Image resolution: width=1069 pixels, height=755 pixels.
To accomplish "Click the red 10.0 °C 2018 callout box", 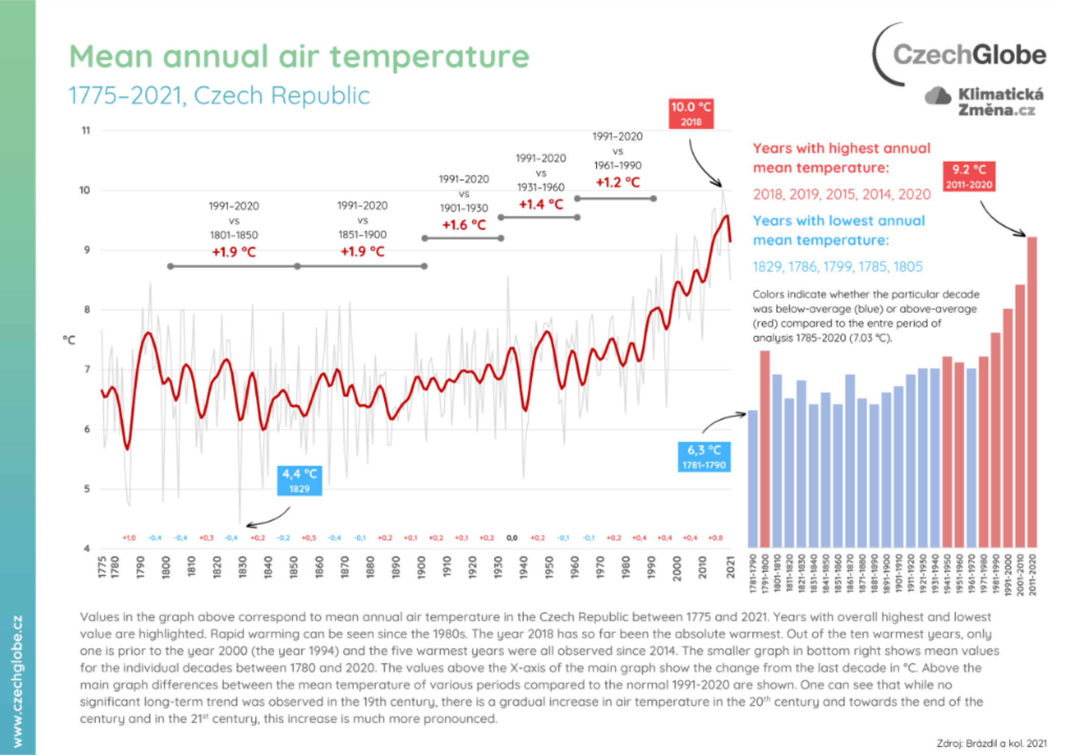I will coord(691,114).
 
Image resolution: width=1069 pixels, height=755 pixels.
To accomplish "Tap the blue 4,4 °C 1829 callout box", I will coord(300,480).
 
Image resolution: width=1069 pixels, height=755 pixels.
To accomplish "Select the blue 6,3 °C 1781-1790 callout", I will coord(704,457).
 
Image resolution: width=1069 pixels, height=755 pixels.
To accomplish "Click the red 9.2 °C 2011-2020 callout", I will coord(969,176).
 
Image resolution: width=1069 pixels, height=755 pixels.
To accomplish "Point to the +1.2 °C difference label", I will coord(617,182).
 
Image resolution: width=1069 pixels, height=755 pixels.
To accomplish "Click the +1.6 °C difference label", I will coord(463,225).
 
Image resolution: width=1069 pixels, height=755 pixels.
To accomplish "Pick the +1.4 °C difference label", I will coord(541,204).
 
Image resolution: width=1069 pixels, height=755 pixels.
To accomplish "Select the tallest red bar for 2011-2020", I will coord(1032,392).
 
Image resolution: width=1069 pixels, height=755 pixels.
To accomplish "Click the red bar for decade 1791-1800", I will coord(765,449).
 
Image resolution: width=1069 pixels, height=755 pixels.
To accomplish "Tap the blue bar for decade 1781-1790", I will coord(753,478).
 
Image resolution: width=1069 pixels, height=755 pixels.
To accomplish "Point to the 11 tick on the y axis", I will coord(86,131).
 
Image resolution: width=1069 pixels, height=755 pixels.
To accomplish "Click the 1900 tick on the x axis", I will coord(421,568).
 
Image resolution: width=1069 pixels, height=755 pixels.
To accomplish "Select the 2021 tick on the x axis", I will coord(731,568).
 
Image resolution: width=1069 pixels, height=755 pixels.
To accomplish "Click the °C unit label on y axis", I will coord(69,340).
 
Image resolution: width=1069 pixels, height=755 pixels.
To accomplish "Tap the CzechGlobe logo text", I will coord(969,55).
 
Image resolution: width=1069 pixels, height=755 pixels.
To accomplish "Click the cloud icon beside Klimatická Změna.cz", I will coord(938,96).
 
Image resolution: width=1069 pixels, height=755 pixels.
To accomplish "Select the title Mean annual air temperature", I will coord(299,56).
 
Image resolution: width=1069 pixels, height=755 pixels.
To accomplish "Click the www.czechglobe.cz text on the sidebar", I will coord(17,681).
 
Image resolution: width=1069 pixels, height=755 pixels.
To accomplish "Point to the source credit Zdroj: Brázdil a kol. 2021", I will coord(991,743).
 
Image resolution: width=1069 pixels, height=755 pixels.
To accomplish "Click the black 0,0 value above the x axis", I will coord(512,538).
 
